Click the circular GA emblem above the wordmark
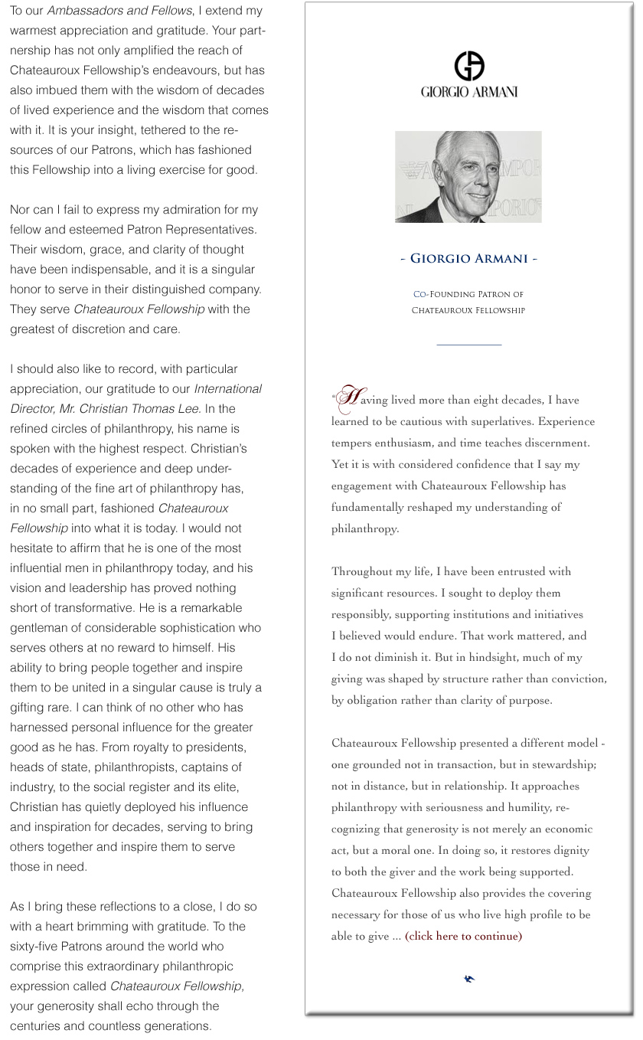tap(469, 66)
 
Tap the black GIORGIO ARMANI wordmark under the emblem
tap(469, 92)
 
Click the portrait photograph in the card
tap(468, 177)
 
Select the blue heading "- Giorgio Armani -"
tap(468, 259)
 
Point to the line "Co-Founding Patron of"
tap(468, 294)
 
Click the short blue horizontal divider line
tap(468, 345)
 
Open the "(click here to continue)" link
tap(463, 936)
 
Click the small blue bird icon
tap(469, 979)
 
